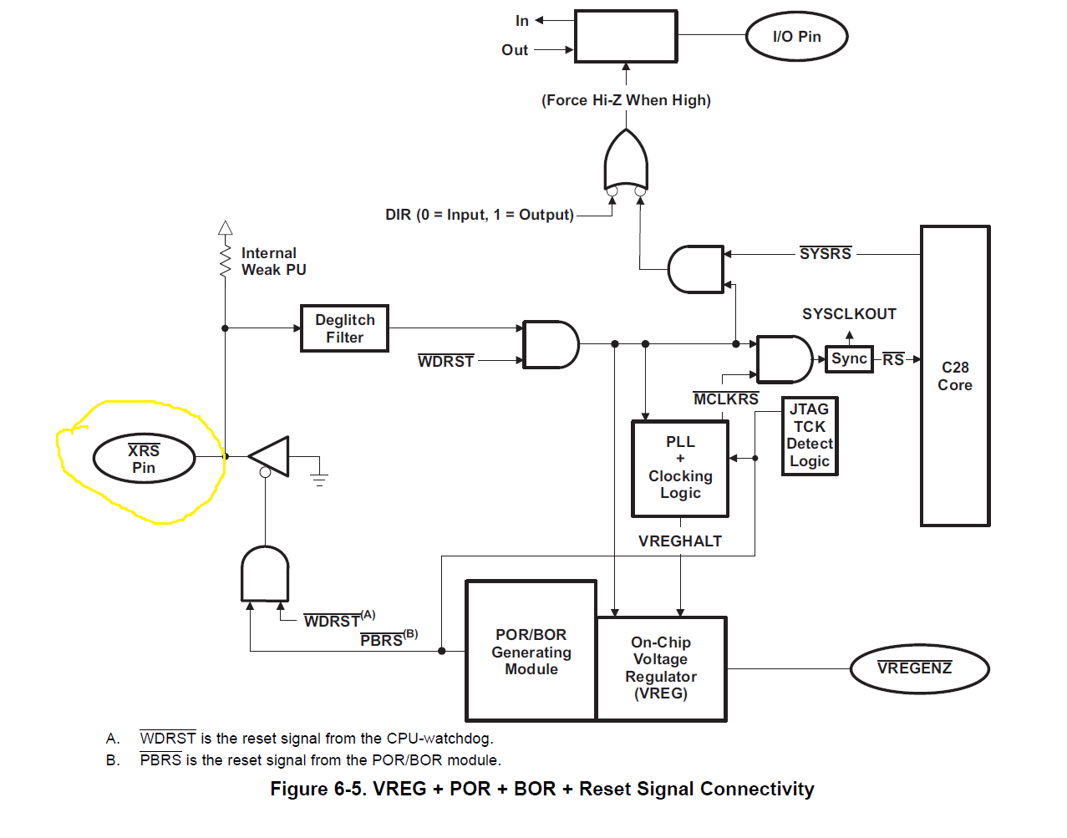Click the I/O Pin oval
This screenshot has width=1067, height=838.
pyautogui.click(x=796, y=37)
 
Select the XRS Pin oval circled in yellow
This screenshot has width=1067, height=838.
pyautogui.click(x=144, y=459)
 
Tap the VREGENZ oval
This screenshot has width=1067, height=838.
pyautogui.click(x=919, y=668)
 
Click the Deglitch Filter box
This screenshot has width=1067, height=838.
pyautogui.click(x=344, y=328)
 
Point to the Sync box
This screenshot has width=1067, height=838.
pyautogui.click(x=849, y=359)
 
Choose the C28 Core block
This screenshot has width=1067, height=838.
pyautogui.click(x=955, y=376)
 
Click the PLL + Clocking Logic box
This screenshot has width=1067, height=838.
pyautogui.click(x=680, y=468)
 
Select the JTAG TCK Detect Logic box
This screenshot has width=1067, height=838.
pyautogui.click(x=810, y=435)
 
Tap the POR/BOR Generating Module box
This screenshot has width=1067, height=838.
pyautogui.click(x=531, y=652)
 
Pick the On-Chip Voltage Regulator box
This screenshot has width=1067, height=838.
pyautogui.click(x=661, y=668)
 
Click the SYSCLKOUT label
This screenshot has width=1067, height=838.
pyautogui.click(x=849, y=314)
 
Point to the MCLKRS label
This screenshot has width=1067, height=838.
pyautogui.click(x=726, y=399)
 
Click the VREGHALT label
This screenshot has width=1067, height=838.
pyautogui.click(x=680, y=541)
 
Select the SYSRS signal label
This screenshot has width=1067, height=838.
pyautogui.click(x=826, y=254)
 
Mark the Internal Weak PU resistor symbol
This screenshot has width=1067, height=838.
pyautogui.click(x=225, y=259)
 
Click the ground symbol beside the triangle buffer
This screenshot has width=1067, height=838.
pyautogui.click(x=318, y=478)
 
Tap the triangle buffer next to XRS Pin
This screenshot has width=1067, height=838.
pyautogui.click(x=271, y=457)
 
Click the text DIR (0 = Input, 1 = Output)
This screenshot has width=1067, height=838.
pyautogui.click(x=480, y=215)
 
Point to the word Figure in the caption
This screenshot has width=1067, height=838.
pyautogui.click(x=299, y=790)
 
